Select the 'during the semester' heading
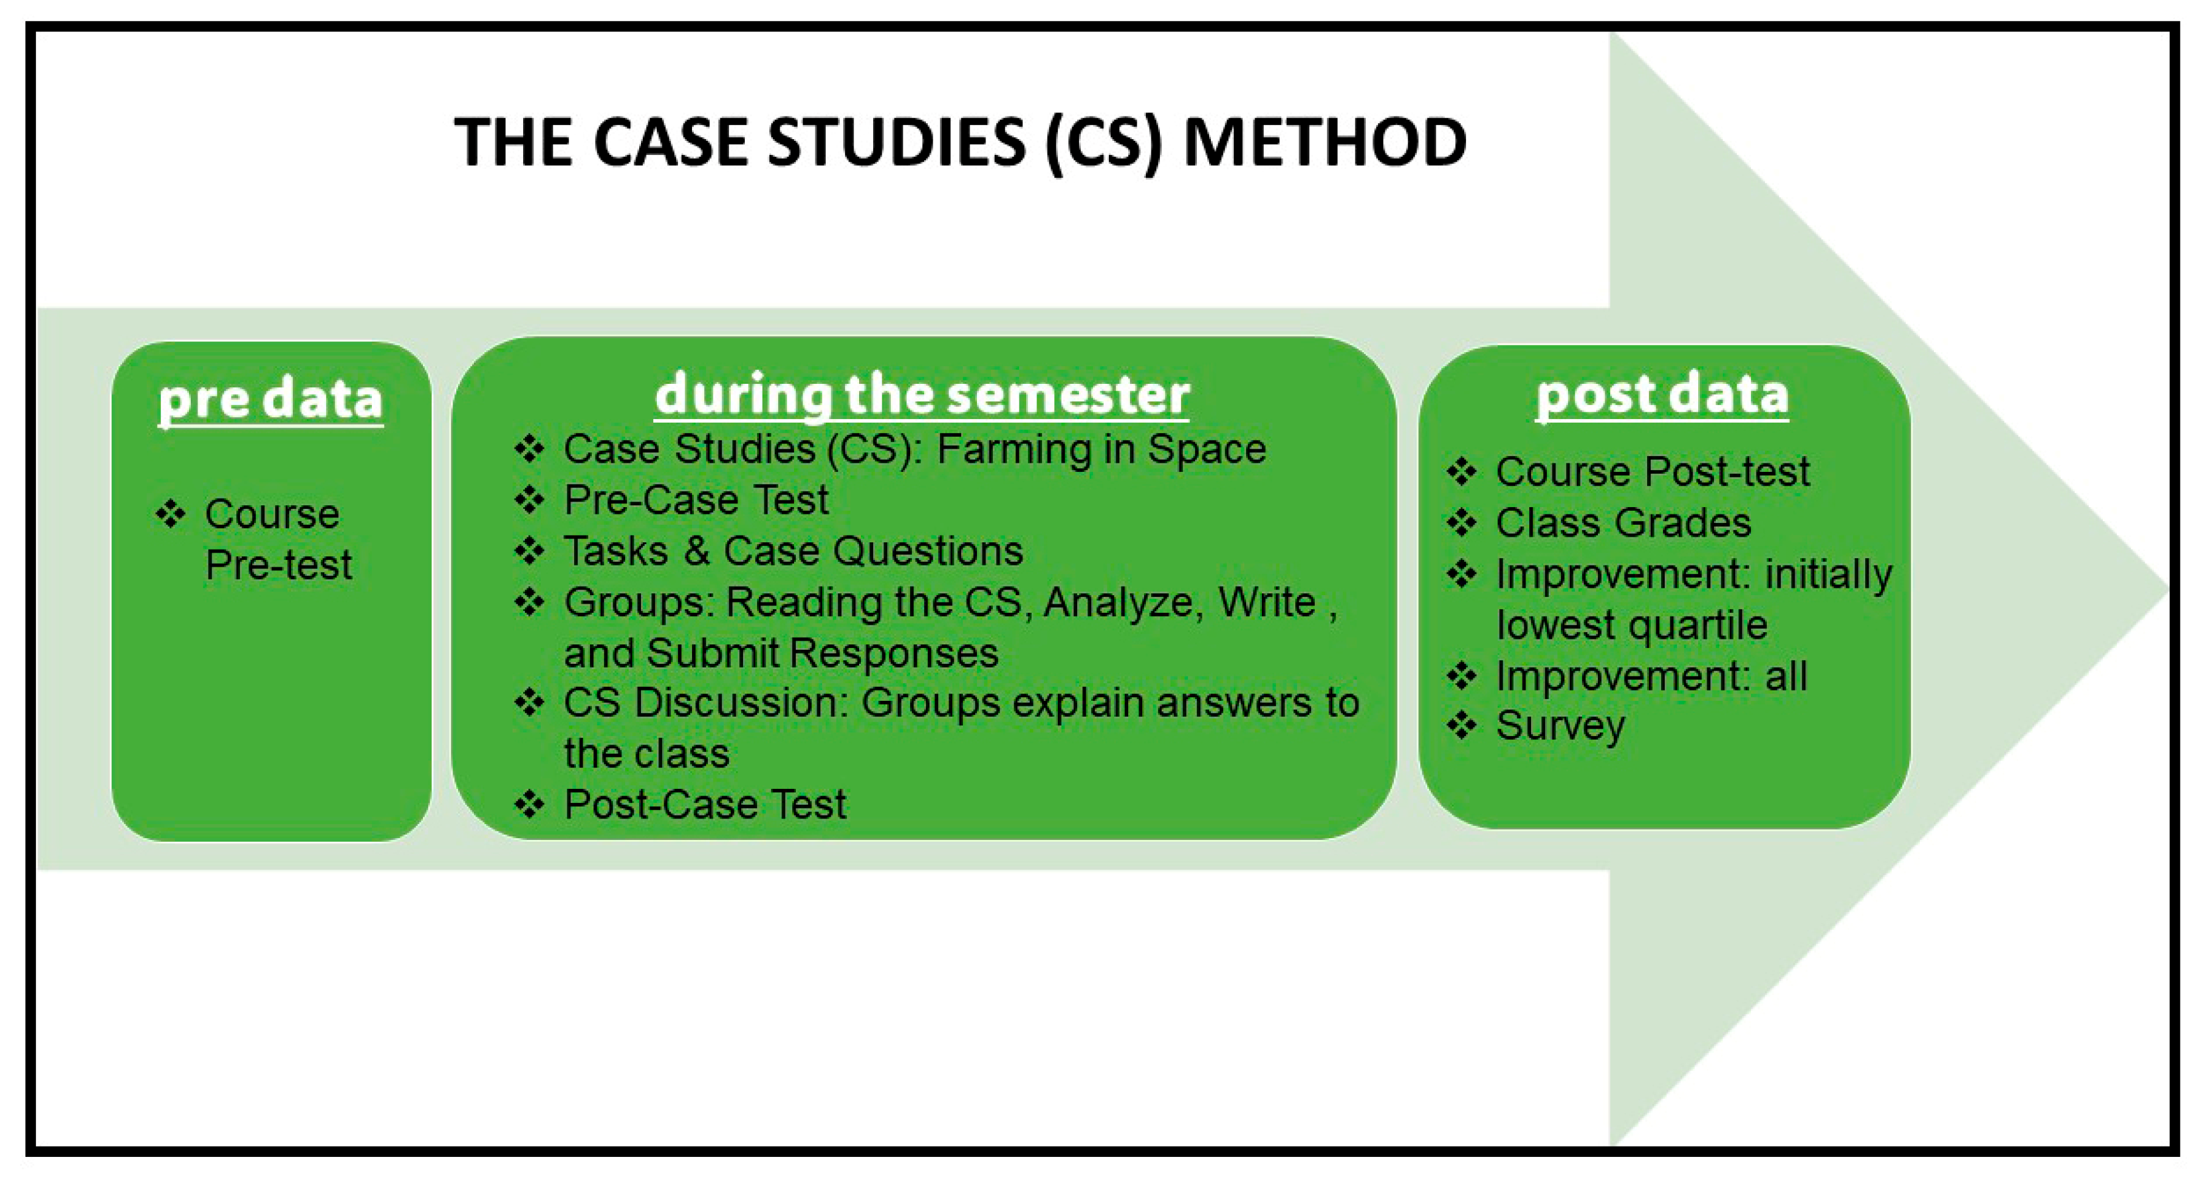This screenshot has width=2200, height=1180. (x=922, y=395)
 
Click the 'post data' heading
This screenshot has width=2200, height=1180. (x=1662, y=395)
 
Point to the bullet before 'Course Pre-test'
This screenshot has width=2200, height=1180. (x=171, y=514)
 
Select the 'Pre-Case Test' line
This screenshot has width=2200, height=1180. (x=696, y=499)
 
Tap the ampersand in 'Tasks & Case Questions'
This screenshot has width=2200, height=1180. (x=696, y=551)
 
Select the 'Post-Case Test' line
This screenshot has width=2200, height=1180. (x=705, y=804)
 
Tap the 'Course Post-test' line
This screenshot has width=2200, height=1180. (x=1653, y=471)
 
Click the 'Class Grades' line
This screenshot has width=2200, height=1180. (x=1623, y=522)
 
